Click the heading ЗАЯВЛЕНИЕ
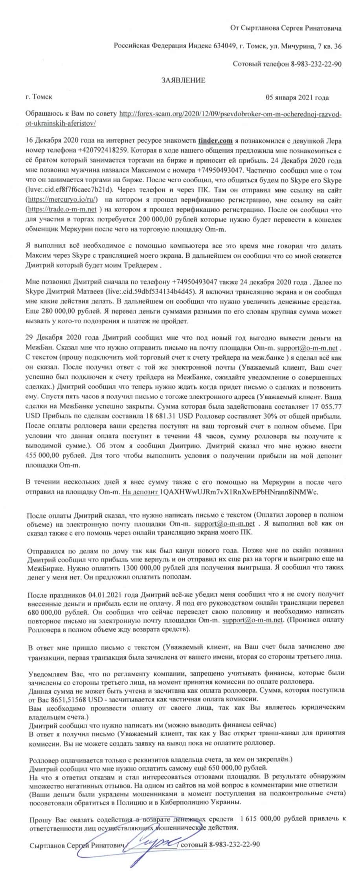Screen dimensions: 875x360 [x=184, y=81]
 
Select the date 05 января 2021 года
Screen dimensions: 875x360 [x=297, y=98]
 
